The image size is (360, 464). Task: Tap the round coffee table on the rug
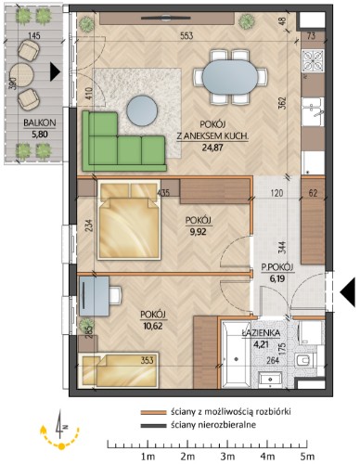coord(143,110)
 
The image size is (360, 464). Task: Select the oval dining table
coord(230,77)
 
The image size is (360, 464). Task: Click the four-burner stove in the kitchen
coord(313,60)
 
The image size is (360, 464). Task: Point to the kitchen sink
coord(313,112)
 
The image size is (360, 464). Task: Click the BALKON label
coord(40,122)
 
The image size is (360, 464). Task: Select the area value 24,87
coord(212,148)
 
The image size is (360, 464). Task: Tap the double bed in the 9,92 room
coord(129,220)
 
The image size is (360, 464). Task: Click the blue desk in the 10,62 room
coord(94,296)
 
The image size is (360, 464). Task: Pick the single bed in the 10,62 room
coord(119,369)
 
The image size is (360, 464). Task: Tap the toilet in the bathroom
coord(305,361)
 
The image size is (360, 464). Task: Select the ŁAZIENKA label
coord(261,333)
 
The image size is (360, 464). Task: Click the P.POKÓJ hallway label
coord(277,267)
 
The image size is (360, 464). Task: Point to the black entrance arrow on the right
coord(347,292)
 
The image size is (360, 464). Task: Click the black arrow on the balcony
coord(55,72)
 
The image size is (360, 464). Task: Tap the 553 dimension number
coord(186,35)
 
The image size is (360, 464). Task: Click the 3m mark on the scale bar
coord(227,456)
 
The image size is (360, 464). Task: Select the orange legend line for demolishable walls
coord(154,412)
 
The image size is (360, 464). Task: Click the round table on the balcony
coord(21,75)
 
